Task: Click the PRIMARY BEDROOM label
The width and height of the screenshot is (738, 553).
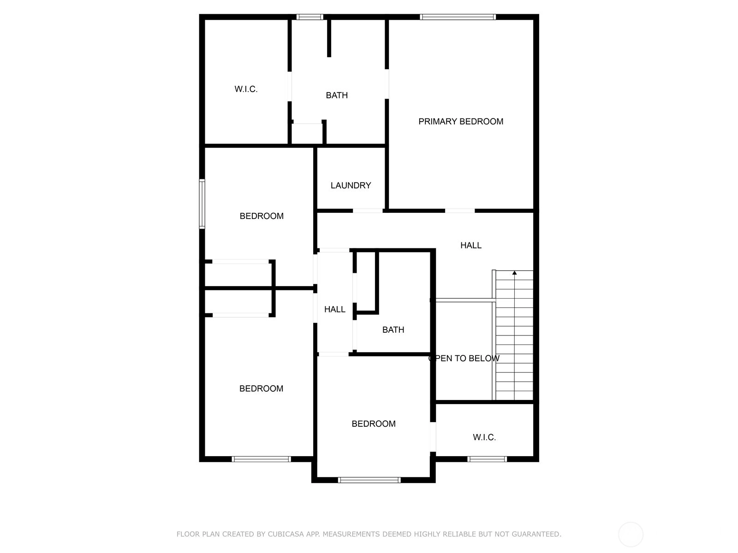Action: point(461,122)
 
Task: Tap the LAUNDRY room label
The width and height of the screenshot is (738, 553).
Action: point(351,185)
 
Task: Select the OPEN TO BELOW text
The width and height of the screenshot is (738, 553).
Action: point(464,358)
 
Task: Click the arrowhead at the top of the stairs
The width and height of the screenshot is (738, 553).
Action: point(514,273)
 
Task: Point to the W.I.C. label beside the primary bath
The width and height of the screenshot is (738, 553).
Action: point(246,89)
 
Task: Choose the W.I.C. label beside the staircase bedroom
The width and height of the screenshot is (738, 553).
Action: point(484,437)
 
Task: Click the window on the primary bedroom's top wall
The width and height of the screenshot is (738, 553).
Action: point(458,17)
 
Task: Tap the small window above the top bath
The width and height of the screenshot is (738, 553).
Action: point(309,17)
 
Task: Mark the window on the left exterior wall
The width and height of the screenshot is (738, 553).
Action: point(202,204)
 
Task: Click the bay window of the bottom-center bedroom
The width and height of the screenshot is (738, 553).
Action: point(369,480)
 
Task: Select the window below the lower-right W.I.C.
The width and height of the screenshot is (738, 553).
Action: point(487,459)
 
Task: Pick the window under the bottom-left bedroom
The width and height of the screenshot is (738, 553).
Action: point(261,459)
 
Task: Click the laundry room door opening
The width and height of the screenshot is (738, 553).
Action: point(368,211)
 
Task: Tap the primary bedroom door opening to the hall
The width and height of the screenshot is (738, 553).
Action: point(460,211)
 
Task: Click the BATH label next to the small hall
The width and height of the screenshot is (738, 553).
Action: point(393,329)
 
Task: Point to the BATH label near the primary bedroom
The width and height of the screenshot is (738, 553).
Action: point(337,95)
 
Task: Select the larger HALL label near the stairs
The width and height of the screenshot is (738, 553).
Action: point(471,246)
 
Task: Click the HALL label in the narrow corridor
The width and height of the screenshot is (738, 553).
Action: point(334,309)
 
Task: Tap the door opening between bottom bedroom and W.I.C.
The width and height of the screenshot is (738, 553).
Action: point(433,437)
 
